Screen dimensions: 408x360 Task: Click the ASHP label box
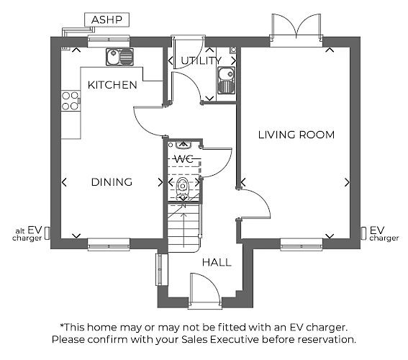(106, 19)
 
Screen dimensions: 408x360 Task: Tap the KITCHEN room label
(112, 85)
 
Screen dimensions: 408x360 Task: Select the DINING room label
(112, 182)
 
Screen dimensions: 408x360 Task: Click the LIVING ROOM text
(296, 135)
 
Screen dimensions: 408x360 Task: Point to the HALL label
(217, 262)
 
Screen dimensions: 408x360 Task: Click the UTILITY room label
(201, 60)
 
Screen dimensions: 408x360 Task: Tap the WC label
(184, 159)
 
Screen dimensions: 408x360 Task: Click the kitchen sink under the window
(119, 57)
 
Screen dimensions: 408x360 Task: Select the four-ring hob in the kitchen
(71, 101)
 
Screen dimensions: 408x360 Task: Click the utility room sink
(226, 80)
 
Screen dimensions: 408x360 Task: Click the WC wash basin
(183, 145)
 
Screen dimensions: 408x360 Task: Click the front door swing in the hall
(206, 289)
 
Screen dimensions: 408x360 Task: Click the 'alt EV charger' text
(27, 234)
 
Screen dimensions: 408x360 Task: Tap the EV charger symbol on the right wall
(363, 233)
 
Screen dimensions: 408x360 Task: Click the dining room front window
(109, 245)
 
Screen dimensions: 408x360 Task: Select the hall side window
(159, 270)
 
